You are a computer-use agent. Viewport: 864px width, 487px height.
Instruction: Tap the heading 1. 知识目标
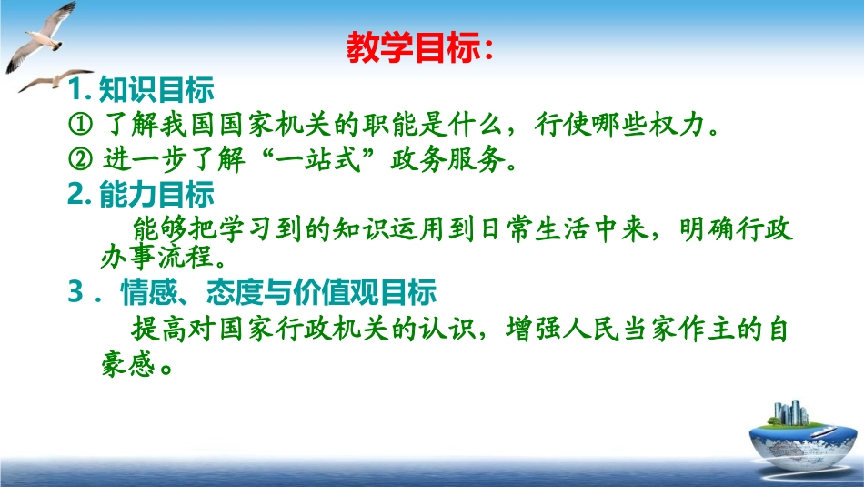pos(140,89)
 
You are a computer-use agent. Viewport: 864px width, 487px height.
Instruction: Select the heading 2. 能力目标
pos(140,194)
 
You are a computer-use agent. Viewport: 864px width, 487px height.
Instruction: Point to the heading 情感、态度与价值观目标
pos(279,292)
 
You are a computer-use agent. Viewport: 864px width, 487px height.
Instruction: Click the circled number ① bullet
pos(80,124)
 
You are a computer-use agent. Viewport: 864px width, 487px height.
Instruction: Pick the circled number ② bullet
pos(80,159)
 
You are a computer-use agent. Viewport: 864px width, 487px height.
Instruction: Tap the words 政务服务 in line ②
pos(447,159)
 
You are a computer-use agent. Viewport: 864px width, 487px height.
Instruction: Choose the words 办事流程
pos(156,257)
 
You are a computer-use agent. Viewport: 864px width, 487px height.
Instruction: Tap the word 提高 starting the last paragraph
pos(160,330)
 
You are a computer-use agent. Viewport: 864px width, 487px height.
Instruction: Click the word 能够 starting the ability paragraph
pos(160,228)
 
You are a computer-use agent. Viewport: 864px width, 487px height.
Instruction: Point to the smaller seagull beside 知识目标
pos(55,80)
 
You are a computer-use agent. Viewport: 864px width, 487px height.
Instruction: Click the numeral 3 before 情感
pos(75,292)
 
